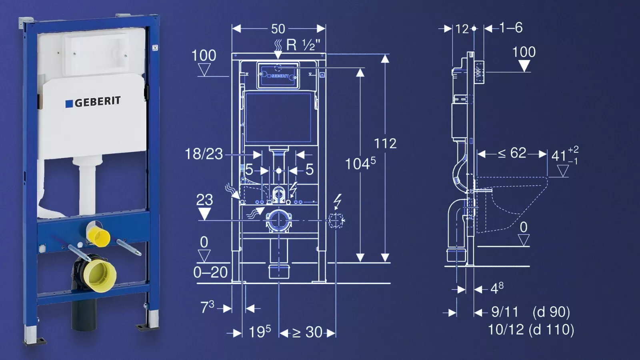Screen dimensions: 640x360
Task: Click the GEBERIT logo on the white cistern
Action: [93, 102]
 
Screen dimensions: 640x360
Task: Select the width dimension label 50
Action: [278, 29]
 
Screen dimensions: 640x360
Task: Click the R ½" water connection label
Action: [303, 45]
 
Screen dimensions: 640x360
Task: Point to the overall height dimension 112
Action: [386, 144]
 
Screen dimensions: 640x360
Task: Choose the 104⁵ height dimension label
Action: [360, 164]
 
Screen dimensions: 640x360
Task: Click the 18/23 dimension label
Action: [204, 154]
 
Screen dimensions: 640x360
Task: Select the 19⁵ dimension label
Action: [260, 332]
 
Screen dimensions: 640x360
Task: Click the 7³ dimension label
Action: [207, 307]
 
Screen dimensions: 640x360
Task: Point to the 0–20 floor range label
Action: [210, 272]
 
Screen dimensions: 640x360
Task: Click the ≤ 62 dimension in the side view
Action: [512, 154]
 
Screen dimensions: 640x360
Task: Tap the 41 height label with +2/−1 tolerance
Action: [565, 156]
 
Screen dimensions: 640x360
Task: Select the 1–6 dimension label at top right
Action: [511, 28]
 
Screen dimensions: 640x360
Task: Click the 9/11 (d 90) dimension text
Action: [530, 312]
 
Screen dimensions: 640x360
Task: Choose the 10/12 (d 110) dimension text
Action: [531, 330]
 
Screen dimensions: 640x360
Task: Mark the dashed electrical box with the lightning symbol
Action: [336, 220]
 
